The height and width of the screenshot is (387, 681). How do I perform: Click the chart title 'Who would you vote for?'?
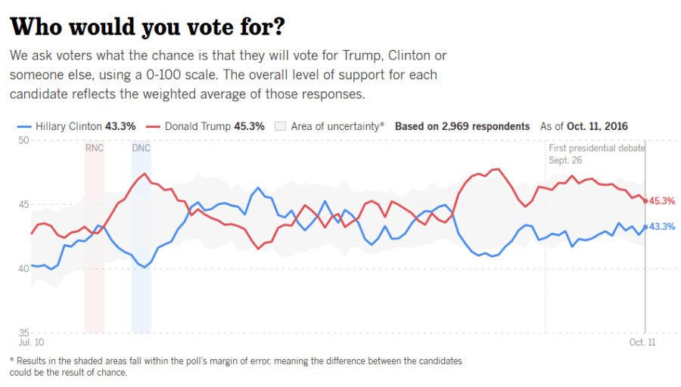[148, 26]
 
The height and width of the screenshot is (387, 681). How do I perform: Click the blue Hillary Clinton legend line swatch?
[23, 126]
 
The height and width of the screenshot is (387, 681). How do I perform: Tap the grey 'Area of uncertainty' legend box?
[279, 126]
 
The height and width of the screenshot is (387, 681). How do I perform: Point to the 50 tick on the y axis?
[23, 141]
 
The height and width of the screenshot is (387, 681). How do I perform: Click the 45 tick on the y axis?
[23, 205]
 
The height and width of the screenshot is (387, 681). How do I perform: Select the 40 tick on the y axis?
[23, 269]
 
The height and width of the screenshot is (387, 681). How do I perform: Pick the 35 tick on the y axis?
[23, 333]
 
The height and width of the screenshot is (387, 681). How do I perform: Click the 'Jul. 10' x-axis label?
[31, 342]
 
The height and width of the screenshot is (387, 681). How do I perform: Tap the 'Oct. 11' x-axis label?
[642, 342]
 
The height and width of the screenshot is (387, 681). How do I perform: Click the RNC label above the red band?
[95, 148]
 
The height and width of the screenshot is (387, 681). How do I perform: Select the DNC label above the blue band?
[141, 148]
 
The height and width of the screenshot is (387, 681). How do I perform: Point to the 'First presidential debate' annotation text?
[597, 148]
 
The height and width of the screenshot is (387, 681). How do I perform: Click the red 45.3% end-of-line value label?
[662, 201]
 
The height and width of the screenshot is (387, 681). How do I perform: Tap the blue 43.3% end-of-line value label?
[662, 227]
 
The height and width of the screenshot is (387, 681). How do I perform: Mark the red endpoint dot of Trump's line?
[645, 200]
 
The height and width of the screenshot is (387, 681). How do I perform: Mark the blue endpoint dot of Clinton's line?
[645, 226]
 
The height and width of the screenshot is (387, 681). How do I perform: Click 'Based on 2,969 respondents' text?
[462, 126]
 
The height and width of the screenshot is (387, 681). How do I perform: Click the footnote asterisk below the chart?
[11, 361]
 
